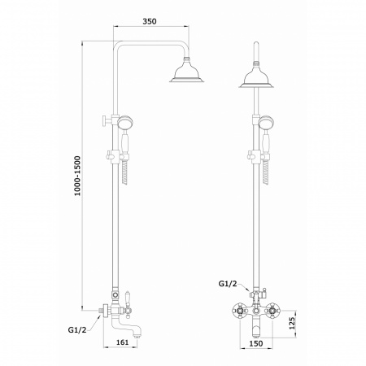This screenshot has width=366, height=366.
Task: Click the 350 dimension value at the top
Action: pos(150,21)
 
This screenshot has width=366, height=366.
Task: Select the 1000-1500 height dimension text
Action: pos(78,176)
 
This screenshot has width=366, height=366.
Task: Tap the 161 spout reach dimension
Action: pos(123,342)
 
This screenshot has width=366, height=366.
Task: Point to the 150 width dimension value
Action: pos(256,343)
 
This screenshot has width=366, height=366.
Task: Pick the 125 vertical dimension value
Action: pos(292,323)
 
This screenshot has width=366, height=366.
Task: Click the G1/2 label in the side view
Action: pos(77,330)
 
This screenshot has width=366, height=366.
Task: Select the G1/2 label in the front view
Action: pos(228,284)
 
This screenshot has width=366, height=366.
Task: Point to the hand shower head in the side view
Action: pos(125,122)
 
